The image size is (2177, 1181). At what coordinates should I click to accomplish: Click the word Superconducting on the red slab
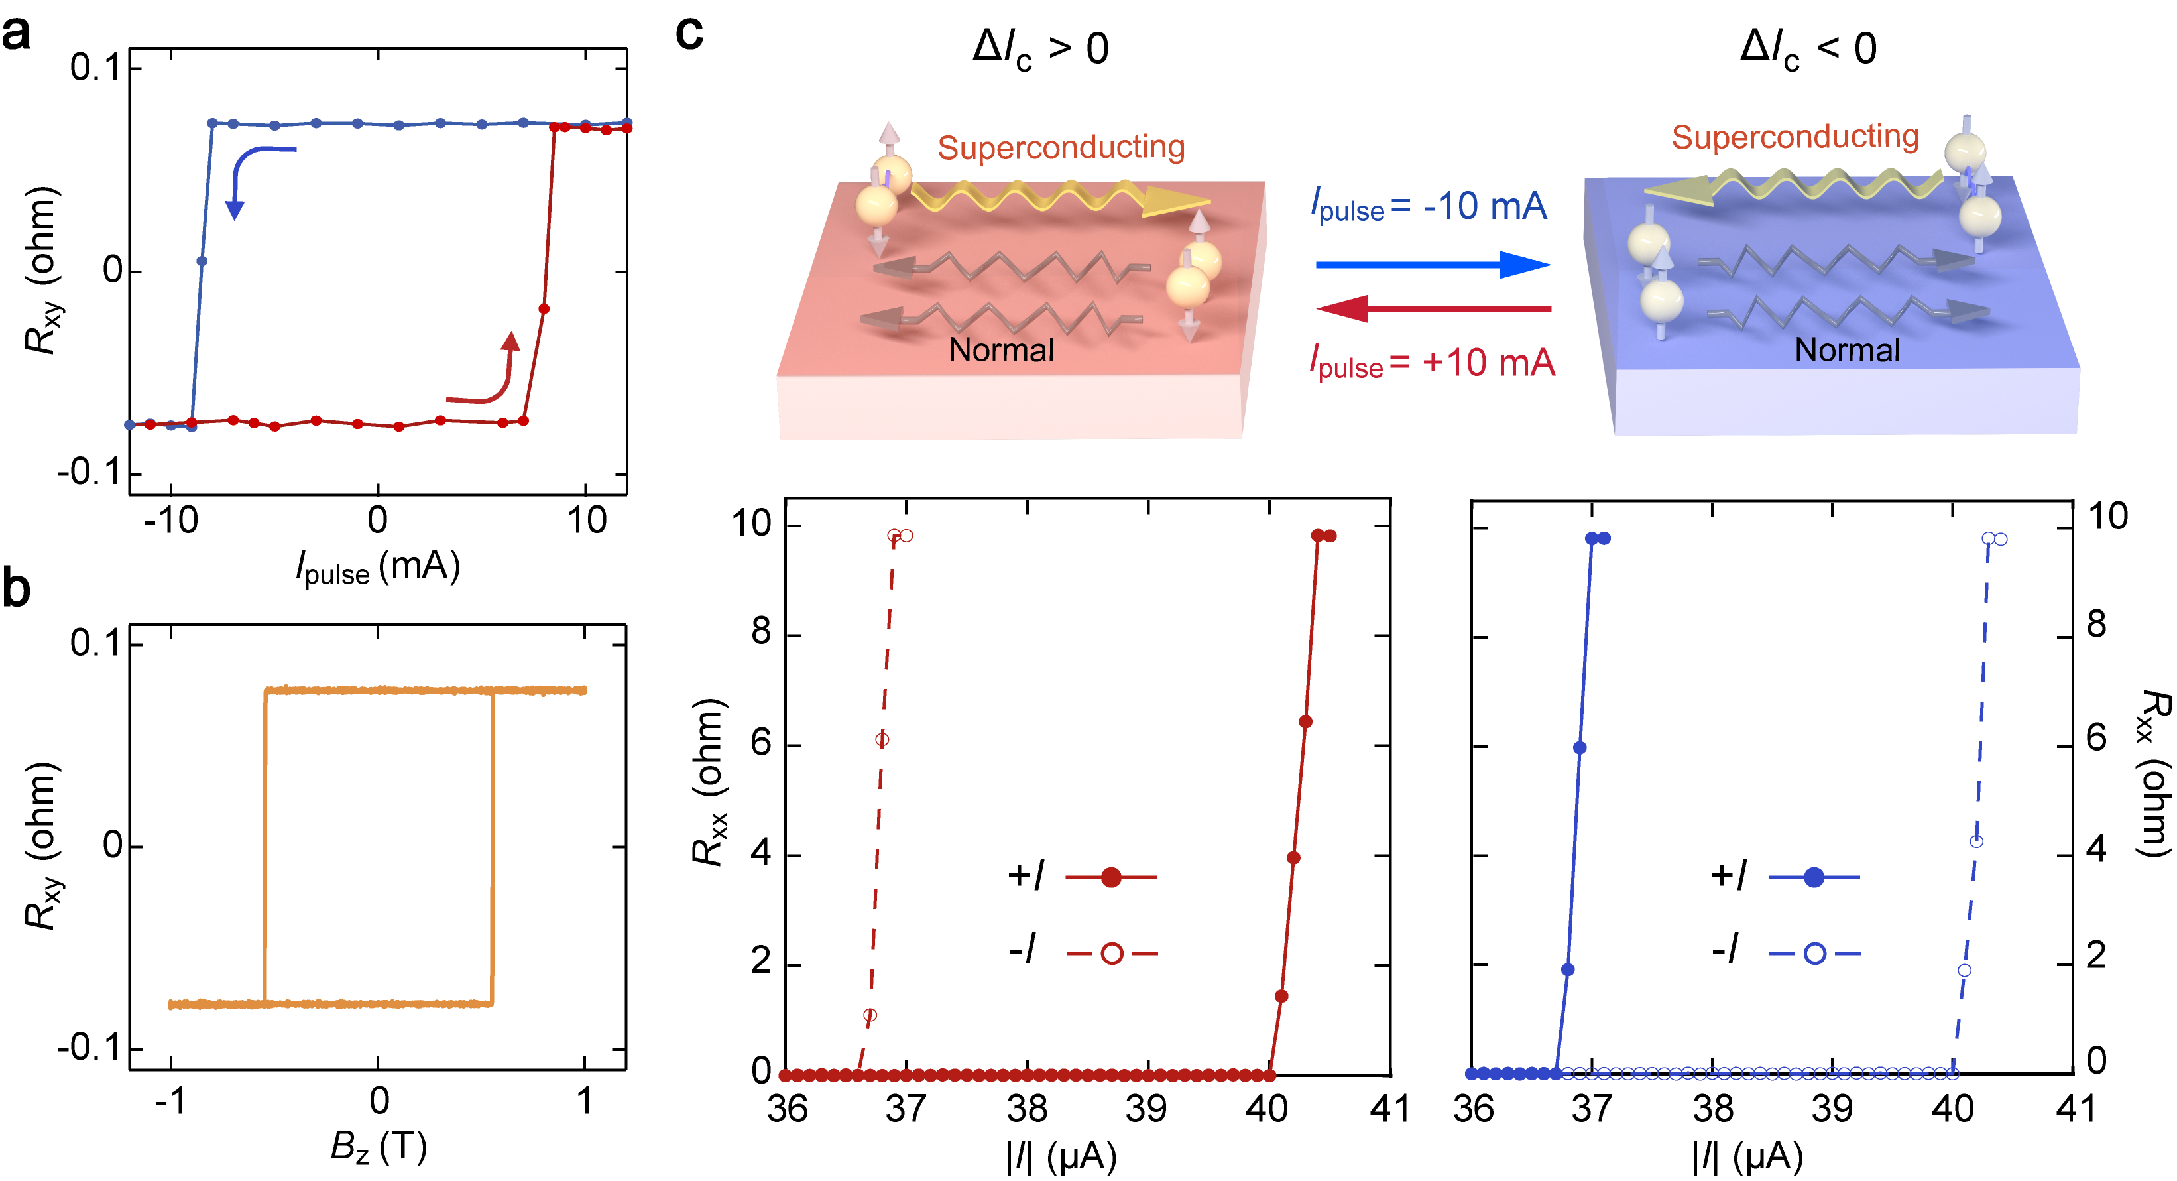(1061, 147)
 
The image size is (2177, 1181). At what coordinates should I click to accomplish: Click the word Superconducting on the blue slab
(1795, 136)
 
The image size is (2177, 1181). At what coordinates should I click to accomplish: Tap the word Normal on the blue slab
(1847, 350)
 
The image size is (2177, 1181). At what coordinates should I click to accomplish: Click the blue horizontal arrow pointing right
(1433, 265)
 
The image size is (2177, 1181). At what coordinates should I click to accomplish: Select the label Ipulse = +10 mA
(1432, 363)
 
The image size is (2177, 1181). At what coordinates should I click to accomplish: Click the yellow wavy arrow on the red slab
(1057, 197)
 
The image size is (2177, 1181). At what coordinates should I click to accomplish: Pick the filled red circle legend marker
(1111, 877)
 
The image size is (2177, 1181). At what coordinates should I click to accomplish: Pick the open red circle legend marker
(1112, 954)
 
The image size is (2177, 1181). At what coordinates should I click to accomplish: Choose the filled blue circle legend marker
(1814, 877)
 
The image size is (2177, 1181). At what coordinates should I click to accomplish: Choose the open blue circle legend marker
(1814, 954)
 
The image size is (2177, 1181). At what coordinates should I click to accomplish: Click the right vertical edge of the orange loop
(492, 845)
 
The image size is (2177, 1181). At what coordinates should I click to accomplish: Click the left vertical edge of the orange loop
(265, 845)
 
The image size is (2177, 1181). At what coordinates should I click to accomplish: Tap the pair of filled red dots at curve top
(1323, 536)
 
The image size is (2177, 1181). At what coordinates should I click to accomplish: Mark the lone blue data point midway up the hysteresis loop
(201, 261)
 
